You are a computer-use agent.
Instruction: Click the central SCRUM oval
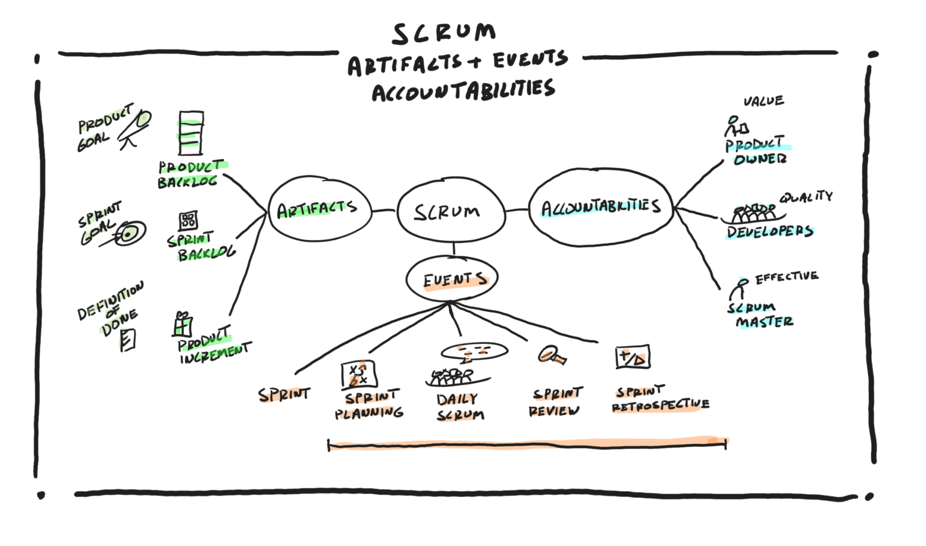click(x=450, y=211)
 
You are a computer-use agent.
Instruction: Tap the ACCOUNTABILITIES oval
click(x=601, y=207)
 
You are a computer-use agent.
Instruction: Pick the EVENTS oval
click(x=452, y=279)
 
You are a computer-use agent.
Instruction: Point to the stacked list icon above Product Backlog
click(x=191, y=133)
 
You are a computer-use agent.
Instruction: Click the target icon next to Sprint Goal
click(x=129, y=233)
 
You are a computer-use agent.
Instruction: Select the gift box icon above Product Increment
click(x=182, y=324)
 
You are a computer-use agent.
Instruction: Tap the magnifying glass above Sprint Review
click(x=551, y=355)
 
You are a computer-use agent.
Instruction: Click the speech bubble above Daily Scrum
click(x=474, y=351)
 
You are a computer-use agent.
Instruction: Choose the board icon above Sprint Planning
click(x=359, y=374)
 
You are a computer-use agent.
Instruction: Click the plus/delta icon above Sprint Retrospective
click(x=632, y=358)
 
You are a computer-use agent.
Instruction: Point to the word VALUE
click(x=763, y=101)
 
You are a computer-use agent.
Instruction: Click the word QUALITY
click(x=805, y=197)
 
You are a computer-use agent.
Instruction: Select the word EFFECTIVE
click(x=786, y=277)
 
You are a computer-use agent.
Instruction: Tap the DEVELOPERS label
click(x=769, y=232)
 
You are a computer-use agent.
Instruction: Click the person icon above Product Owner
click(x=735, y=126)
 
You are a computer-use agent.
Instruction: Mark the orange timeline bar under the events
click(x=527, y=445)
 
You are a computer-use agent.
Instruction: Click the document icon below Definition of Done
click(x=127, y=340)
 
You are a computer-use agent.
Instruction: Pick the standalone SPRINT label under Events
click(x=283, y=395)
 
